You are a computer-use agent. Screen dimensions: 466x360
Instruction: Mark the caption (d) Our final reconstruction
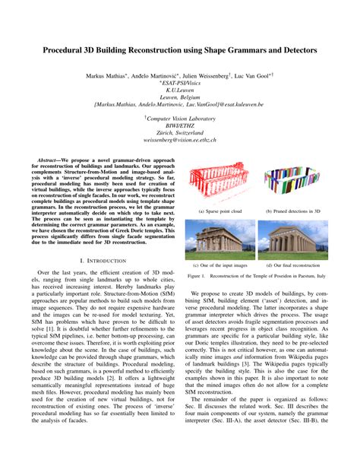tap(289, 265)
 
